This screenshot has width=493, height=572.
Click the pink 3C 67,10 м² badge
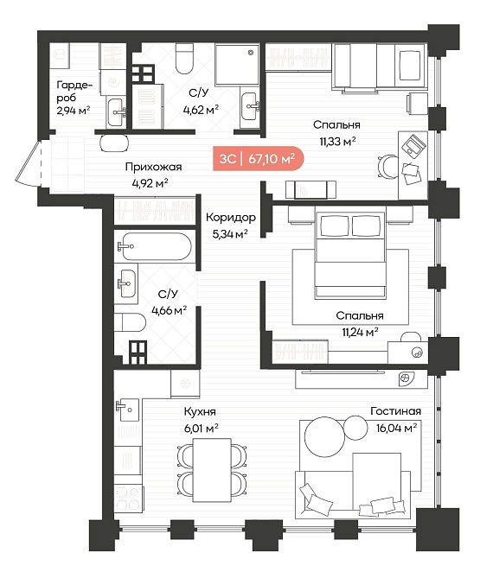tap(259, 159)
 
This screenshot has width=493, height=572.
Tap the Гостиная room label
tap(395, 411)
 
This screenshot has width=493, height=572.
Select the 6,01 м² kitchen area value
tap(202, 428)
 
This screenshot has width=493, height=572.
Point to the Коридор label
tap(230, 218)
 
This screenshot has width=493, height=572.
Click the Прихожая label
tap(153, 167)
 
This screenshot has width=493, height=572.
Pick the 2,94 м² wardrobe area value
tap(73, 110)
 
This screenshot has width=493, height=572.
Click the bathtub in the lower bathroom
tap(154, 246)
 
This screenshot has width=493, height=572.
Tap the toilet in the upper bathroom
tap(184, 59)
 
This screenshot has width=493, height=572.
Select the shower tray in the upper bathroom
tap(237, 65)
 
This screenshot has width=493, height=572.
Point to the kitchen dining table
tap(212, 470)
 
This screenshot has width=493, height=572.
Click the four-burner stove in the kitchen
tap(128, 499)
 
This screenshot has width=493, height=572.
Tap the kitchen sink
tap(127, 410)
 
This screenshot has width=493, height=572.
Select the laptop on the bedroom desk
tap(413, 145)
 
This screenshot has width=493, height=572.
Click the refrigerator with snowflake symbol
tap(185, 384)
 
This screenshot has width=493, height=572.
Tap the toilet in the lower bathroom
tap(131, 322)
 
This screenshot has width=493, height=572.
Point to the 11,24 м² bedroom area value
tap(360, 332)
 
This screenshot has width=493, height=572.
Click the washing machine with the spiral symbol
tap(112, 83)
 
